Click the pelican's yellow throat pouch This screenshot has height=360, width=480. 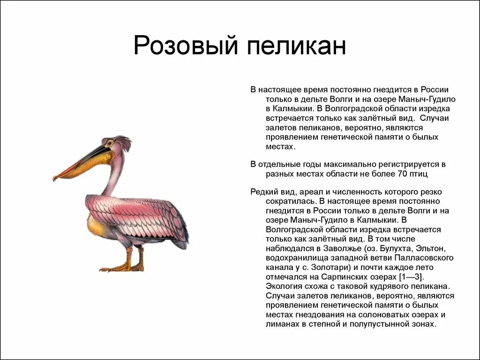tap(94, 164)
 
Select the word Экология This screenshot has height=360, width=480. tap(285, 286)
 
